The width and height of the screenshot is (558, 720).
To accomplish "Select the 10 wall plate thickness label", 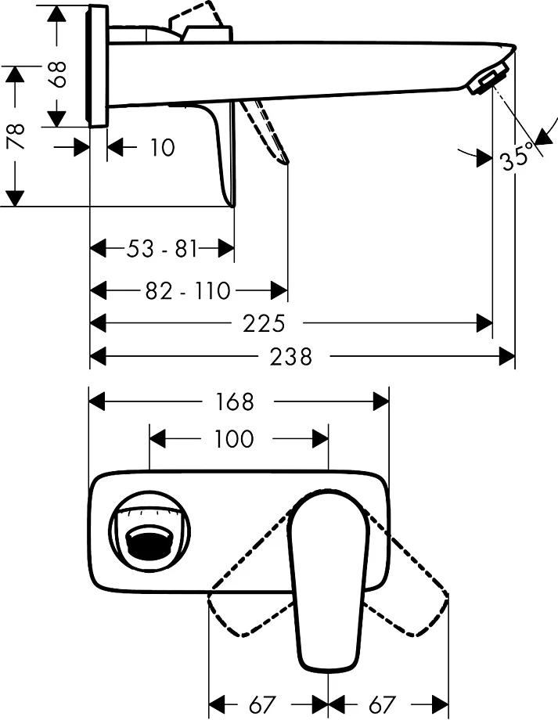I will pyautogui.click(x=162, y=147).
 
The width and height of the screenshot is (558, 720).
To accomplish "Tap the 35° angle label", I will pyautogui.click(x=516, y=157).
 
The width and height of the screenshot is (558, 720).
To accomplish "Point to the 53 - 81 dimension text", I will pyautogui.click(x=161, y=250).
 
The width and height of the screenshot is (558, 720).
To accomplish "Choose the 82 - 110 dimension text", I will pyautogui.click(x=188, y=291).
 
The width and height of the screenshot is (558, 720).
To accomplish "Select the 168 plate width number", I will pyautogui.click(x=236, y=401).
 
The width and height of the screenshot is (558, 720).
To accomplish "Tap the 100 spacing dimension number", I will pyautogui.click(x=234, y=438).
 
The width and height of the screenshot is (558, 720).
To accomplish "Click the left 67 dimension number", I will pyautogui.click(x=266, y=704).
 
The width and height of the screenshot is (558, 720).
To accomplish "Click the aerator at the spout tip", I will pyautogui.click(x=486, y=81).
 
